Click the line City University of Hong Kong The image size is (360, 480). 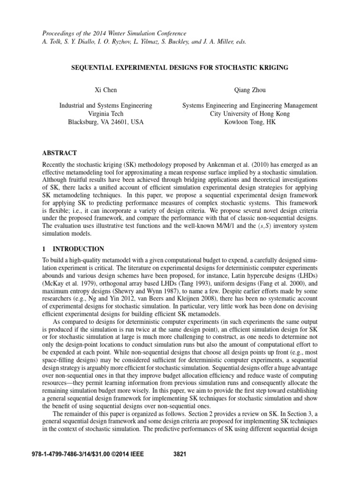250,114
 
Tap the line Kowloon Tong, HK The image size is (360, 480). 250,122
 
